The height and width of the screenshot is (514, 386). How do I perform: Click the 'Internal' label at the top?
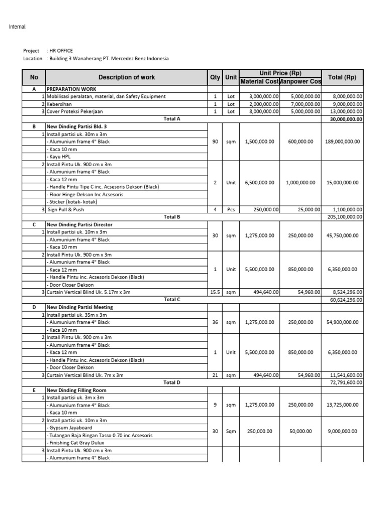tap(17, 27)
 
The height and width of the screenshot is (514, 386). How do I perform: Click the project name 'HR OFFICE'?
tap(61, 51)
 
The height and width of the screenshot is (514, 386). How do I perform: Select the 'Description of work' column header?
tap(127, 77)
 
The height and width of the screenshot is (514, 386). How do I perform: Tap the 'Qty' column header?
tap(215, 77)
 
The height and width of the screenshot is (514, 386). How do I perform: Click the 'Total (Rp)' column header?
tap(342, 77)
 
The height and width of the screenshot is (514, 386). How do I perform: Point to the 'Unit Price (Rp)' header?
tap(280, 73)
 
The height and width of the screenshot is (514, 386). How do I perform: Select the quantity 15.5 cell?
tap(215, 292)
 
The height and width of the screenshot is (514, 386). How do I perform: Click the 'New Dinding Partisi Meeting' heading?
tap(79, 307)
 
